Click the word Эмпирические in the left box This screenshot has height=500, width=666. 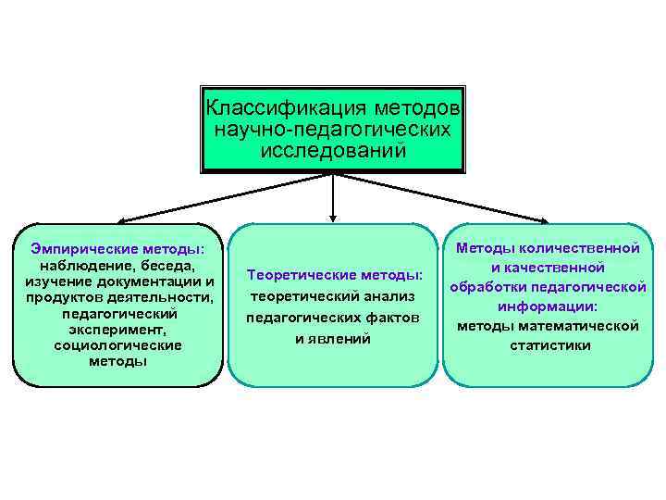click(x=82, y=248)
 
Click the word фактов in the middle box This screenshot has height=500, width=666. click(x=391, y=318)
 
